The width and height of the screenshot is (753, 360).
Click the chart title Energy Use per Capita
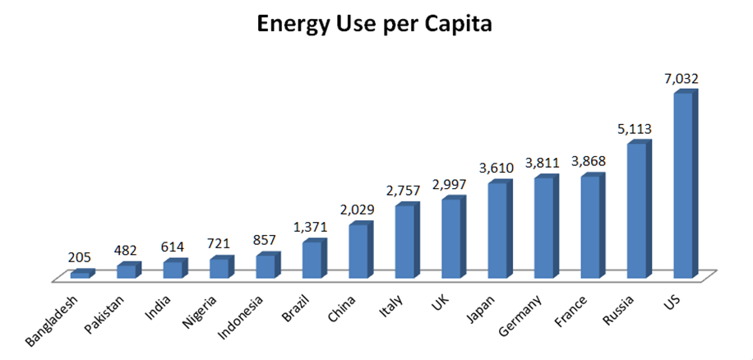coord(376,25)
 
